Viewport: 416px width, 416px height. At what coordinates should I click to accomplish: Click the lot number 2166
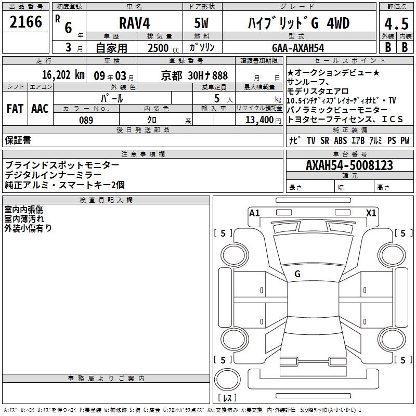click(25, 22)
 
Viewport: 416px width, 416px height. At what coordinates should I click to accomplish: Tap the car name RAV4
click(134, 23)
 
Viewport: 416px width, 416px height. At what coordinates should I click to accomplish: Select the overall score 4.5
click(396, 24)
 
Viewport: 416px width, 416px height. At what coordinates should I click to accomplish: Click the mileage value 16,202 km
click(63, 75)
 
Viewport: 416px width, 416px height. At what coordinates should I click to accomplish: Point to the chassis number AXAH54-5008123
click(349, 165)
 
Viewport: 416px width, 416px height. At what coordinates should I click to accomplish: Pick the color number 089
click(86, 120)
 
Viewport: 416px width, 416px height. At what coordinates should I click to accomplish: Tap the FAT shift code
click(15, 109)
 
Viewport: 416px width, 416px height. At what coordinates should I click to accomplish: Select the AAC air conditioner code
click(40, 109)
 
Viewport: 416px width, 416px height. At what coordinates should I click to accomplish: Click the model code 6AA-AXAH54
click(298, 48)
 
